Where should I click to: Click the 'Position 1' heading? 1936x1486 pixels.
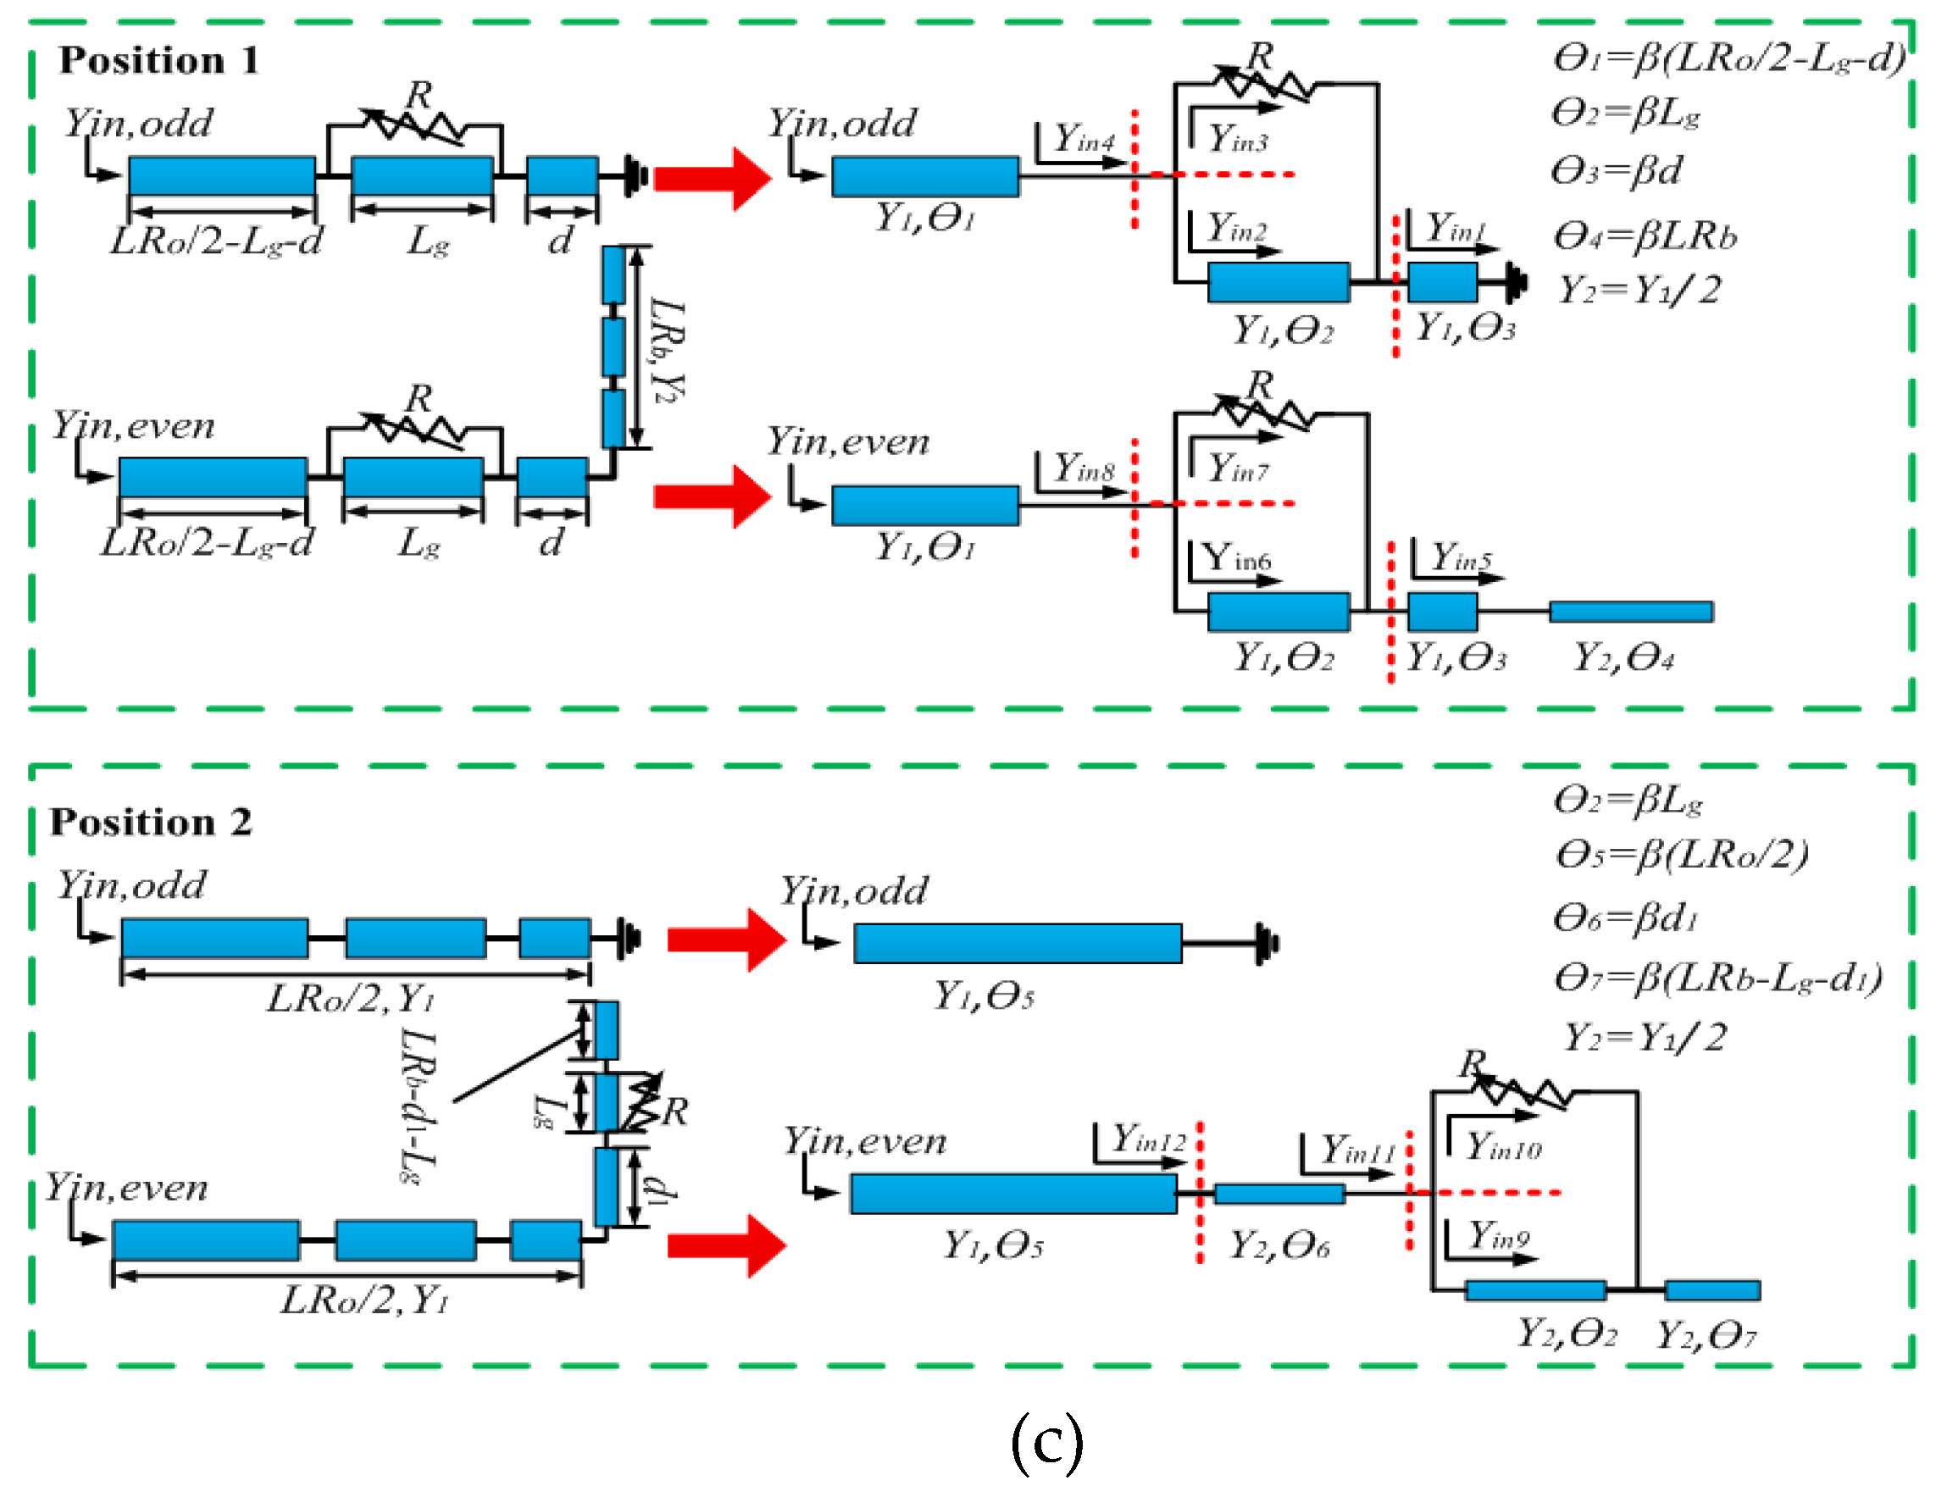tap(158, 60)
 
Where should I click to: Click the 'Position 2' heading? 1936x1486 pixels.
tap(150, 822)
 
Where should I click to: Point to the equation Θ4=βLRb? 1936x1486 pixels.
tap(1645, 236)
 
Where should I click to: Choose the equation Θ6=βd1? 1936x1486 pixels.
tap(1626, 918)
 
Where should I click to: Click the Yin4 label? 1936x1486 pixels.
tap(1084, 139)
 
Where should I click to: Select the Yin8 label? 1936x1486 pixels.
tap(1084, 468)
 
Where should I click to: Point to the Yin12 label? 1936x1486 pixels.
tap(1148, 1139)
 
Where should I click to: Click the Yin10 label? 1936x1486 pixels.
tap(1504, 1147)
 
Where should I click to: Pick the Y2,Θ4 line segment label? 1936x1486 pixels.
tap(1623, 657)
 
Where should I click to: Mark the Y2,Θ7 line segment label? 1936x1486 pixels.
tap(1706, 1334)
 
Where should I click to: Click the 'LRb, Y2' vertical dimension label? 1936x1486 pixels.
tap(668, 349)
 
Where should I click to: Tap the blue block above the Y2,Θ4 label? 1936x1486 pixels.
tap(1630, 611)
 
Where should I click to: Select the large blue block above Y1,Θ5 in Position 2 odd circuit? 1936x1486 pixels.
tap(1017, 943)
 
